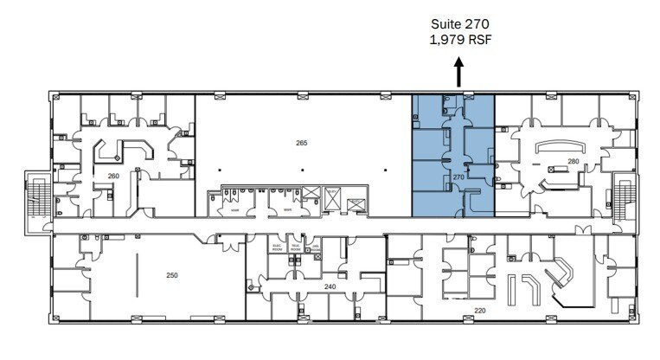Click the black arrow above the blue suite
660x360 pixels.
tap(459, 71)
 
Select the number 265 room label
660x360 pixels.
tap(301, 143)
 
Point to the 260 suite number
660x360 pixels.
tap(112, 176)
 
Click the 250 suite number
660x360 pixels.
tap(171, 275)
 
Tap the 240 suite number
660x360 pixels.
tap(329, 286)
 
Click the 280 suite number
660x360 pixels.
tap(573, 162)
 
